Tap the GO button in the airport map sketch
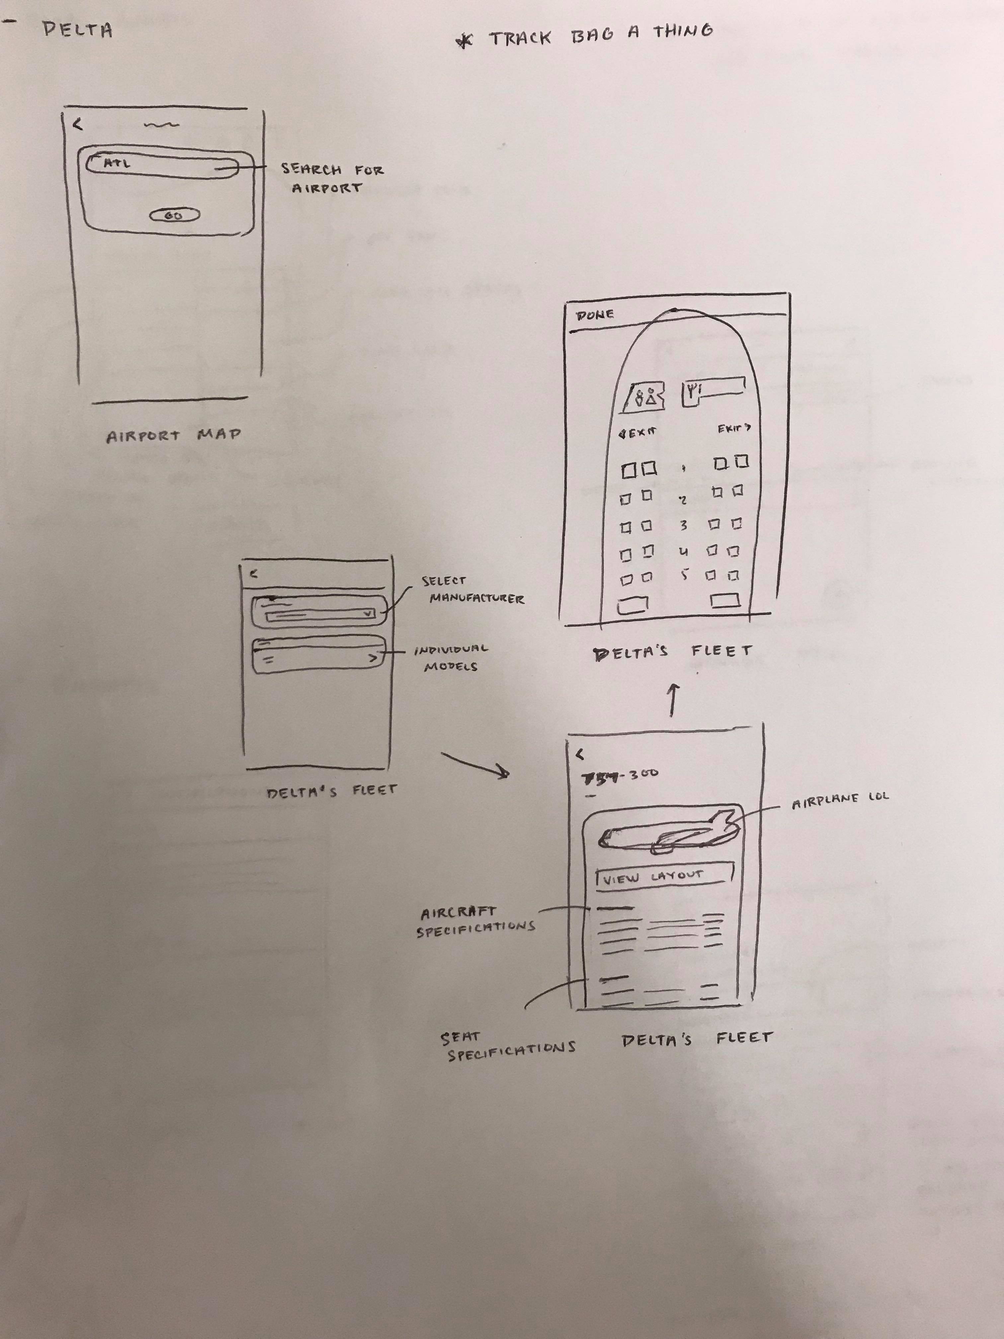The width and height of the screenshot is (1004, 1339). tap(174, 215)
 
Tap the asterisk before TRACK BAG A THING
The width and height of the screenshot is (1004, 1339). tap(464, 41)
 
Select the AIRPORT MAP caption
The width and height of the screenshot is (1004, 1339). tap(174, 435)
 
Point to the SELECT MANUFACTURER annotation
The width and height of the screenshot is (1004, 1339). tap(472, 589)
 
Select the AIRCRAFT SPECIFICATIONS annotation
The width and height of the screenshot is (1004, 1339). tap(475, 921)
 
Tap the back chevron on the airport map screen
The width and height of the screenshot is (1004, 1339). tap(77, 124)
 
